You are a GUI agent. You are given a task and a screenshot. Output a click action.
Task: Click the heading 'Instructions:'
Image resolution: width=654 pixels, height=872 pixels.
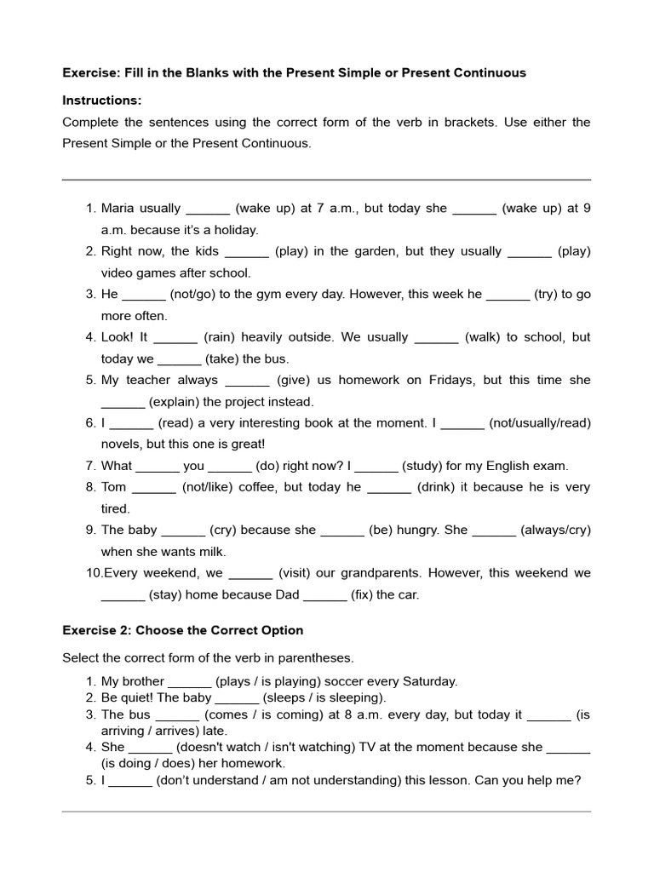pos(102,100)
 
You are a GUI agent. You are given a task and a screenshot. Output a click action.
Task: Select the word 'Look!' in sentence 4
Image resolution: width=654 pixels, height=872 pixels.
pos(117,336)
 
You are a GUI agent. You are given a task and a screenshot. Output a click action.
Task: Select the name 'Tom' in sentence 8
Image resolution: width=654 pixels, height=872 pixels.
pos(113,487)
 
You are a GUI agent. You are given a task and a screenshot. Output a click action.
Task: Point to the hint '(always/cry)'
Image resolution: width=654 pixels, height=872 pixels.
pos(555,530)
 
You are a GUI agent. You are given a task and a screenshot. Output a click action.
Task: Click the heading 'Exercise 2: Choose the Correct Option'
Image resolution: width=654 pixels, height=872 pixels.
pos(182,631)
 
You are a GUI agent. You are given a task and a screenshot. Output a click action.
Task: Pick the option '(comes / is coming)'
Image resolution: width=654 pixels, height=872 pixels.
pos(262,714)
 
